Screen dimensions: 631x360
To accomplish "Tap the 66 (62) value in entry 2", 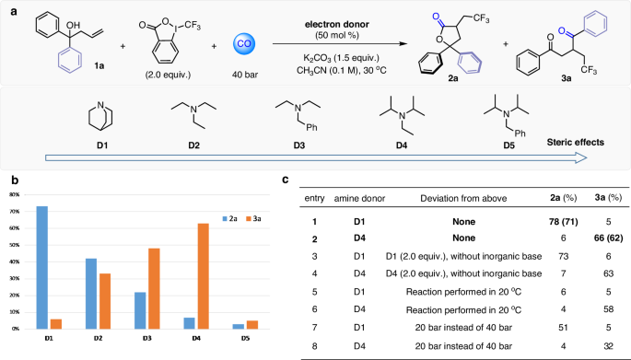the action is pyautogui.click(x=596, y=238).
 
